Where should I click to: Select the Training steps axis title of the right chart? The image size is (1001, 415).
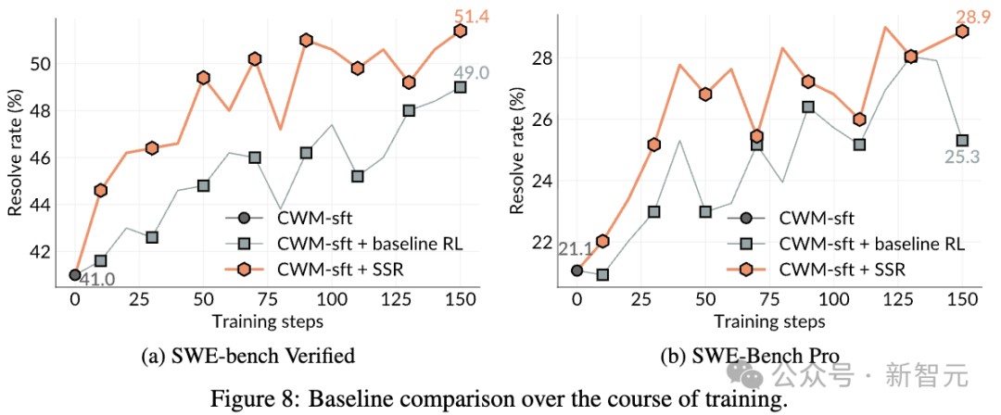coord(769,321)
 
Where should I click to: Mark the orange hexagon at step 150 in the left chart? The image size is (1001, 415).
coord(460,31)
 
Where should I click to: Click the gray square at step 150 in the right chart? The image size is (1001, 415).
coord(962,141)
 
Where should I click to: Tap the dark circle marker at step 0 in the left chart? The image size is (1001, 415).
coord(75,274)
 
